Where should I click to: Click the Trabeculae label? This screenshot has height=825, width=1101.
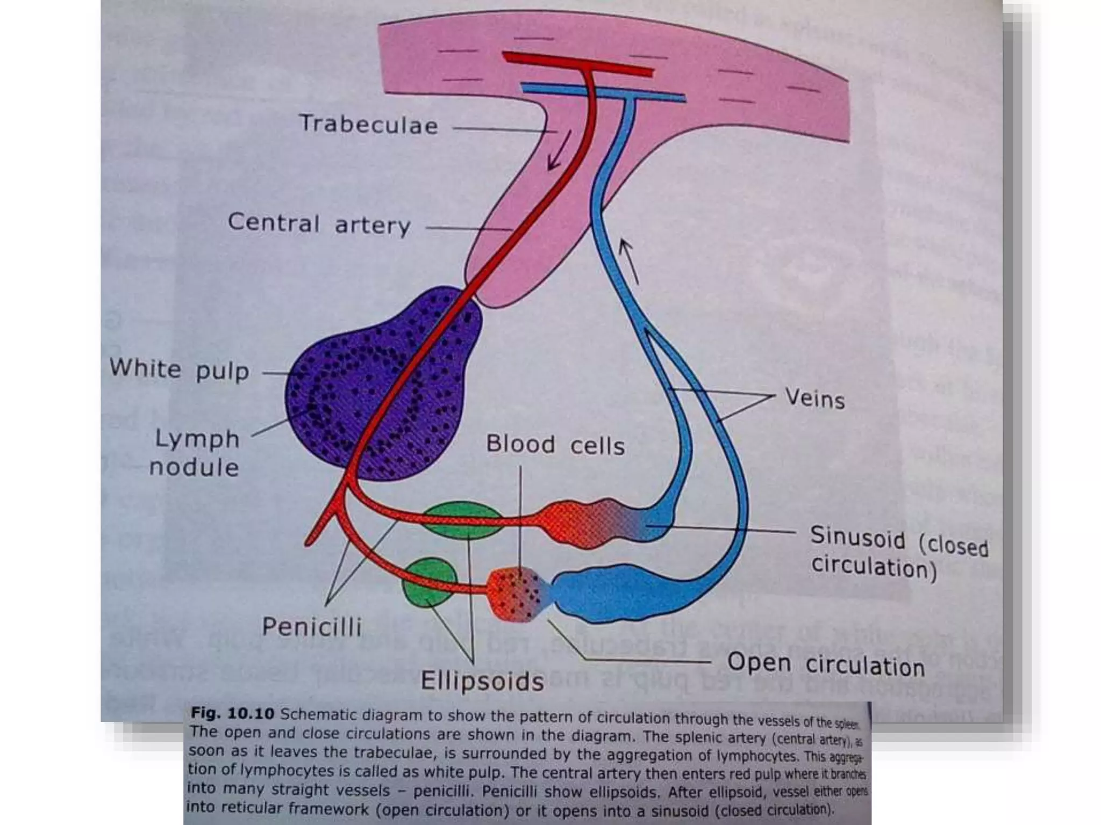(369, 124)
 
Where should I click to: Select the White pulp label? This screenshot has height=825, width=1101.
(180, 370)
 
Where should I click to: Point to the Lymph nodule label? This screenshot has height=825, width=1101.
(196, 453)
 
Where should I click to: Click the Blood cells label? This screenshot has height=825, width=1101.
(555, 445)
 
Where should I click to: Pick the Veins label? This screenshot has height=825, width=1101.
(814, 399)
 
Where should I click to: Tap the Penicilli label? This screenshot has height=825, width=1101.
(312, 626)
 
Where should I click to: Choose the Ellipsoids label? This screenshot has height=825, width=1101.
(482, 681)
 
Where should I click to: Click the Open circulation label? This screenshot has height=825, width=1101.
(825, 665)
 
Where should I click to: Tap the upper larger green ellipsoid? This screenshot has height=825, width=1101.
(461, 520)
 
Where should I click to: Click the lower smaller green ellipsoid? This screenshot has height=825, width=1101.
(428, 582)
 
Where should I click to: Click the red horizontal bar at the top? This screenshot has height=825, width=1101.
(578, 64)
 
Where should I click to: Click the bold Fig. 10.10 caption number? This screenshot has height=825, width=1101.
(233, 714)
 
